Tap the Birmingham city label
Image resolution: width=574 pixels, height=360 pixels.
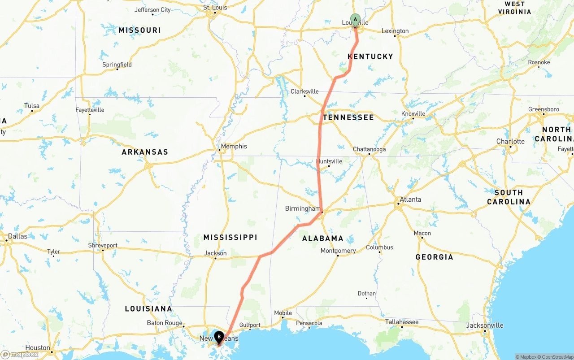(x=303, y=208)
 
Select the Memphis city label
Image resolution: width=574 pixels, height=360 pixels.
(x=234, y=146)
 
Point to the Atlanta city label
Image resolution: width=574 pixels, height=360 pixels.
(x=410, y=200)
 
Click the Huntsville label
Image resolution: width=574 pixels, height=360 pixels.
(x=329, y=161)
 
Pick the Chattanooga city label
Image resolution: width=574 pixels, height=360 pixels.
(x=369, y=149)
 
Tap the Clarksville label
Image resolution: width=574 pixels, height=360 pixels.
(x=304, y=91)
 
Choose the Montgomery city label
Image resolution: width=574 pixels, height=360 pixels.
(x=338, y=251)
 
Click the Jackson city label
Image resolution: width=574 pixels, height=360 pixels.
(x=215, y=253)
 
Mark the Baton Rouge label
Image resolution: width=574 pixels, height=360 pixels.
(x=165, y=323)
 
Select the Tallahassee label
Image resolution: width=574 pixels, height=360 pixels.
(x=402, y=322)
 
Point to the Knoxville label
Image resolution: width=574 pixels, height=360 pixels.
(x=413, y=114)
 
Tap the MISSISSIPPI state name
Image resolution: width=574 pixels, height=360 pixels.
(x=230, y=237)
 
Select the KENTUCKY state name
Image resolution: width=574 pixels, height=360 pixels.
(x=370, y=56)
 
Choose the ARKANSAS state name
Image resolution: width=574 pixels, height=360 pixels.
(x=145, y=152)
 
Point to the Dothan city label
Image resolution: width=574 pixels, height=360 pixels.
(x=366, y=294)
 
